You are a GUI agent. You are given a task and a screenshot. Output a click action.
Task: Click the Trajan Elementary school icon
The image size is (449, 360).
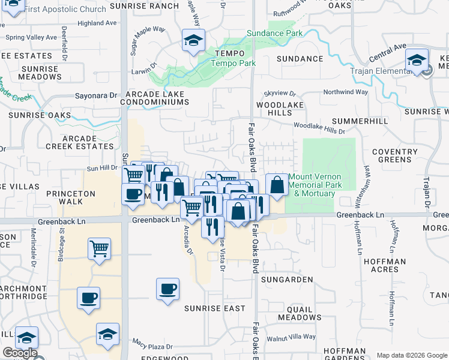416,61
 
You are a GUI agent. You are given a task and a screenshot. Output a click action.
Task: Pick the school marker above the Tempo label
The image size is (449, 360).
193,41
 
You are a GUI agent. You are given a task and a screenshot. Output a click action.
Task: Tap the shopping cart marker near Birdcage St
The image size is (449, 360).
99,248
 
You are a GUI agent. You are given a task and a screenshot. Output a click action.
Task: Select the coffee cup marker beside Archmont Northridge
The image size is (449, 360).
88,298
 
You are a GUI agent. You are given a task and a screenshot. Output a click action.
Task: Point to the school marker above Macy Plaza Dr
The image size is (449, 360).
107,334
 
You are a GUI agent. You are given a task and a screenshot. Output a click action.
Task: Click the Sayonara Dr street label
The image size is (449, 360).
96,95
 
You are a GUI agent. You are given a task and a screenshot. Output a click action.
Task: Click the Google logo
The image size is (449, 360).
20,353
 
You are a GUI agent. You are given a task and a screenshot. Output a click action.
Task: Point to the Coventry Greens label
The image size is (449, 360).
394,155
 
